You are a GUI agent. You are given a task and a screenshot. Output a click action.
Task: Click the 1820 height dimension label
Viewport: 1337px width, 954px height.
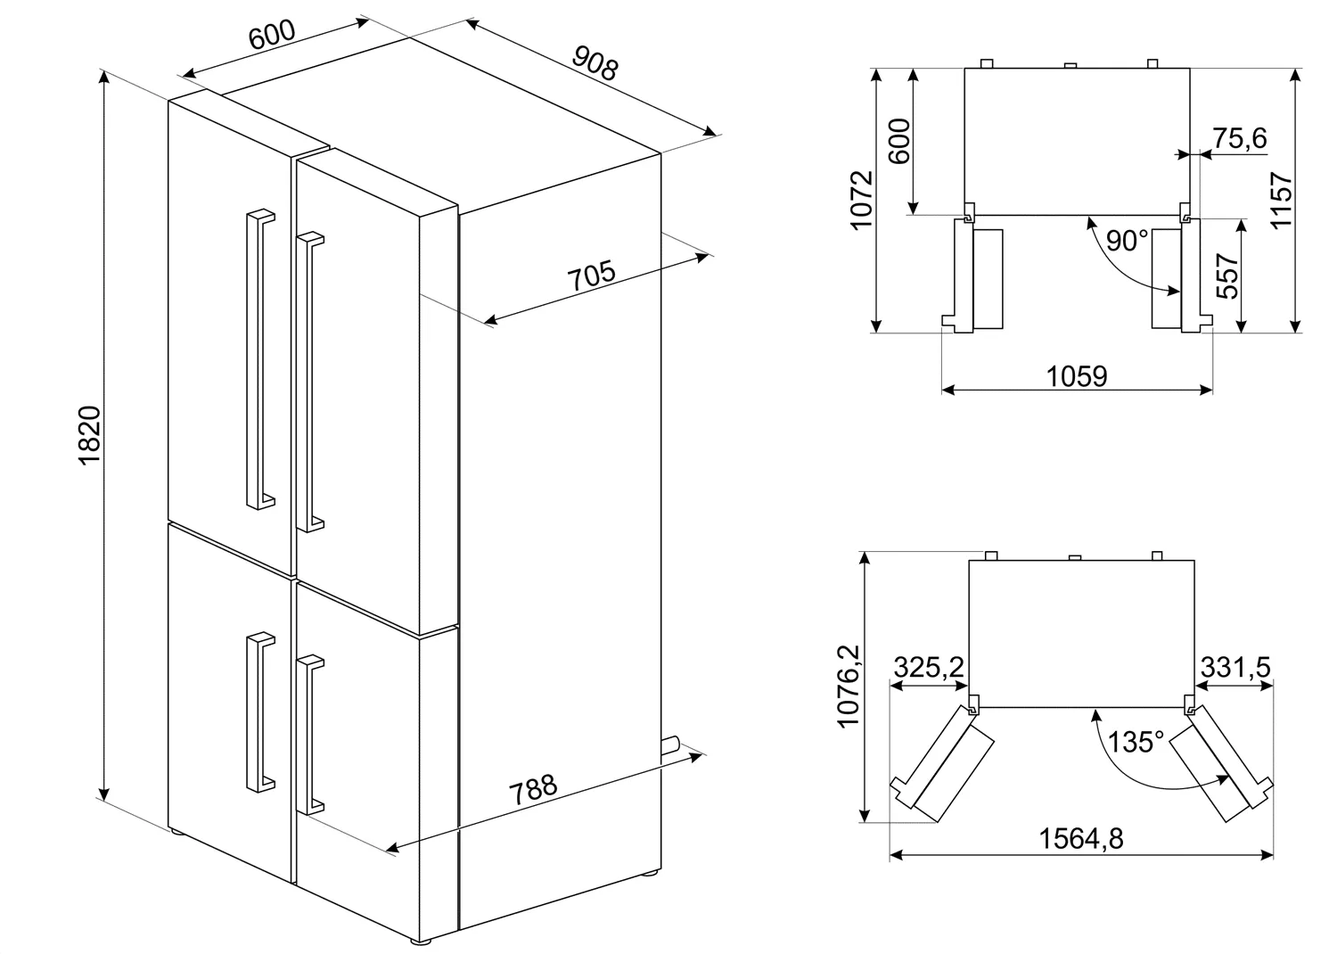pos(90,434)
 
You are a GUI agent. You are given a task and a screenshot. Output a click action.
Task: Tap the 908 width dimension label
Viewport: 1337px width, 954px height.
pos(595,62)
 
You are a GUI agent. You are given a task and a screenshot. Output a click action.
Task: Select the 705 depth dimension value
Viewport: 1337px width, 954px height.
pos(591,276)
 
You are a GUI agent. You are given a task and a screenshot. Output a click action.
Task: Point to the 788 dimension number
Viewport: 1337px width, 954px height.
pos(533,789)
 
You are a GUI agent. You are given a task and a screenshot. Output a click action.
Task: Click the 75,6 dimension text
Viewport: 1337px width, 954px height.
pos(1240,138)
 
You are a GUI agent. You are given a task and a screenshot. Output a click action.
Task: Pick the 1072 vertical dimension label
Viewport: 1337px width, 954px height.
pos(862,200)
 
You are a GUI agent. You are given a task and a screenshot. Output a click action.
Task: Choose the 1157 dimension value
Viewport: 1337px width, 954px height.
pos(1282,200)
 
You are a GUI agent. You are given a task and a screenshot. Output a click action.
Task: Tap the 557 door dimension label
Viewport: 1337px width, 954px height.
pos(1227,276)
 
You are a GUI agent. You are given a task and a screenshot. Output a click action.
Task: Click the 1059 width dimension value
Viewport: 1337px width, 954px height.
pos(1077,376)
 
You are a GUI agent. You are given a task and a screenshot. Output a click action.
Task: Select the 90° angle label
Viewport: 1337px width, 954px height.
pos(1127,241)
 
